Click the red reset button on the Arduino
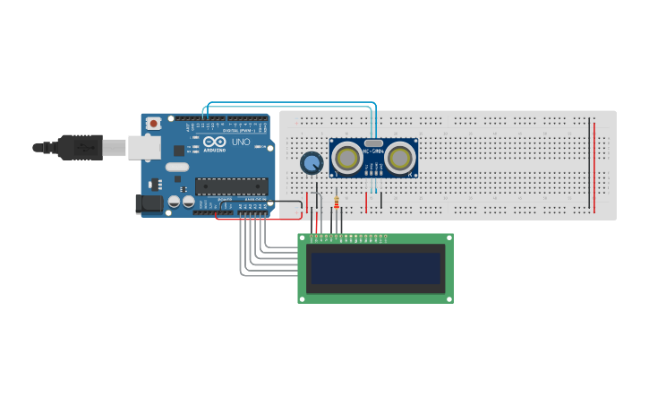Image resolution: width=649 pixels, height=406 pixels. [x=153, y=123]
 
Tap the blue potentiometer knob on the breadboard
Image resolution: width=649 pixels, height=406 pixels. [x=311, y=163]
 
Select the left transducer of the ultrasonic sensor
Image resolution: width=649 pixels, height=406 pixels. [x=346, y=159]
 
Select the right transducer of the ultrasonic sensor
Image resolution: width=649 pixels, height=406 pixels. [x=400, y=159]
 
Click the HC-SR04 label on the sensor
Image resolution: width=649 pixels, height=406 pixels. [x=373, y=152]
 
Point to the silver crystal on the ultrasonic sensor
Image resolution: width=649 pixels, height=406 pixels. [x=373, y=143]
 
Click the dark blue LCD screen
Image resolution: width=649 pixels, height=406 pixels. [x=375, y=267]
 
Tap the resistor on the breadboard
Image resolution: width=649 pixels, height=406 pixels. [x=336, y=203]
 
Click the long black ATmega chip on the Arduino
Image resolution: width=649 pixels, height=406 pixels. [x=231, y=186]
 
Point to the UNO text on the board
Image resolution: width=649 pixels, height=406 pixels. [x=241, y=143]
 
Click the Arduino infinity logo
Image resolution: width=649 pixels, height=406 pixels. [x=215, y=142]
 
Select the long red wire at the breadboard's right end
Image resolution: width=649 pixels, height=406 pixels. [x=594, y=166]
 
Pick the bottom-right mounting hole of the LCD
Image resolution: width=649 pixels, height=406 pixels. [x=448, y=298]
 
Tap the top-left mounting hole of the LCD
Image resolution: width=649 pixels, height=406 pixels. [x=303, y=238]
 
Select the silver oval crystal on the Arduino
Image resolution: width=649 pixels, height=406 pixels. [x=177, y=167]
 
